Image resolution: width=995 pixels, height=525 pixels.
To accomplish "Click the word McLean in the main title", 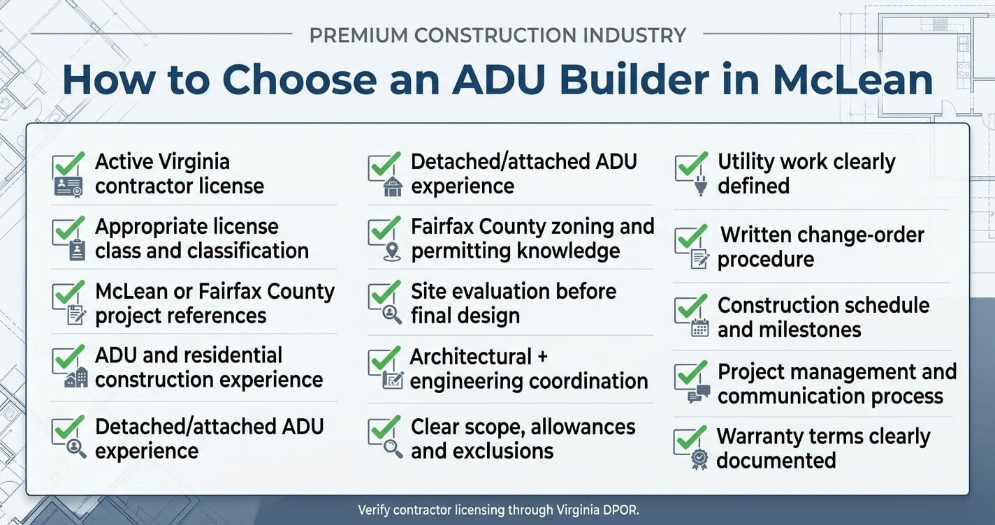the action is tap(852, 80).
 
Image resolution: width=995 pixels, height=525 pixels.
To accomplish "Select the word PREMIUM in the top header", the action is tap(358, 36).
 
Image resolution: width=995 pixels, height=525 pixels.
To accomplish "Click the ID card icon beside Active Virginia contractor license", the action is tap(68, 187).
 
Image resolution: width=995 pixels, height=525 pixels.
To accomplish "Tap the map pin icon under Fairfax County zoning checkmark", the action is tap(392, 251).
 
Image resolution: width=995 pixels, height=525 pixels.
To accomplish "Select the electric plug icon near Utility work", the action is tap(701, 185).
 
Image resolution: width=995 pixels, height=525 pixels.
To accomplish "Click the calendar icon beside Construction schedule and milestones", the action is tap(700, 328).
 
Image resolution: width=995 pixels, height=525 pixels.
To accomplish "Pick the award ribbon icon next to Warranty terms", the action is tap(699, 459).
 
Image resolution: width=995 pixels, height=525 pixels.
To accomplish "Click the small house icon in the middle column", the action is tap(393, 186).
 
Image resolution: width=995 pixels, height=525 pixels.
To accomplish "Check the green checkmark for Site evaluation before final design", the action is tap(385, 293).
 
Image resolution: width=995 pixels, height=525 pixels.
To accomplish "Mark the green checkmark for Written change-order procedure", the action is tap(691, 237).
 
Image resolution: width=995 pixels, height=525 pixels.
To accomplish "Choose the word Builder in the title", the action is tap(634, 80).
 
